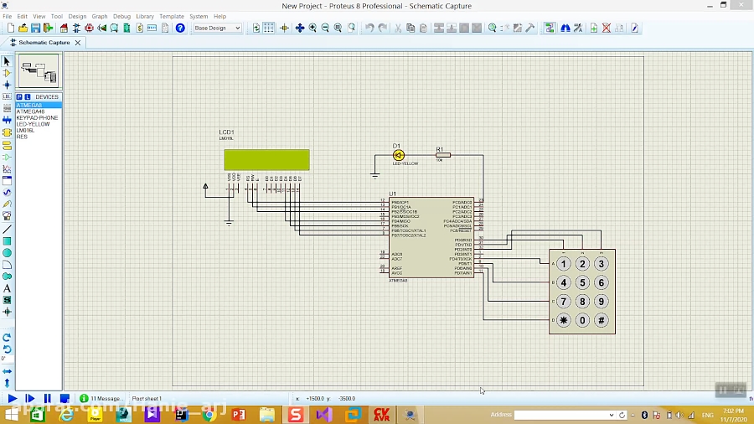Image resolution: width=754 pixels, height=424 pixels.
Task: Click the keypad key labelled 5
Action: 582,282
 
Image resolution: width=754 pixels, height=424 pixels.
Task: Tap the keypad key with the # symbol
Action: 602,320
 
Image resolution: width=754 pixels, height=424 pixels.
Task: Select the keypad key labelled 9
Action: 602,301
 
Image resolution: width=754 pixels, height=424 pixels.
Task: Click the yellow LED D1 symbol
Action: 399,155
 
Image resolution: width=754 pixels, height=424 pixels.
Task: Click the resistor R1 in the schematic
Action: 442,155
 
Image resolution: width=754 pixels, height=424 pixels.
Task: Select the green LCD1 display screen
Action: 266,159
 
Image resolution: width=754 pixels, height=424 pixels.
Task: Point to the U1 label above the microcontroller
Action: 392,194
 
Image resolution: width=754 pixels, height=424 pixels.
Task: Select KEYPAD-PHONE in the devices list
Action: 37,118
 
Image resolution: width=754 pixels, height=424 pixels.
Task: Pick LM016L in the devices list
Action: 25,131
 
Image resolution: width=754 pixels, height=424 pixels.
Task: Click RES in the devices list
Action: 22,137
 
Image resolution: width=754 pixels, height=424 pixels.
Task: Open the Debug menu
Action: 121,16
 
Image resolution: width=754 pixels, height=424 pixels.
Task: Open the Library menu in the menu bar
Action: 145,16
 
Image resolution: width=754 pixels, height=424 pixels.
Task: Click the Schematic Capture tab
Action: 44,42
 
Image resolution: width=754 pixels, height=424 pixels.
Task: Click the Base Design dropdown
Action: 217,28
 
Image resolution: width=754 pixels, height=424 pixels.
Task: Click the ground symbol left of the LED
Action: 374,174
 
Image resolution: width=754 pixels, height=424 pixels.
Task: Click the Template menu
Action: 172,16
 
